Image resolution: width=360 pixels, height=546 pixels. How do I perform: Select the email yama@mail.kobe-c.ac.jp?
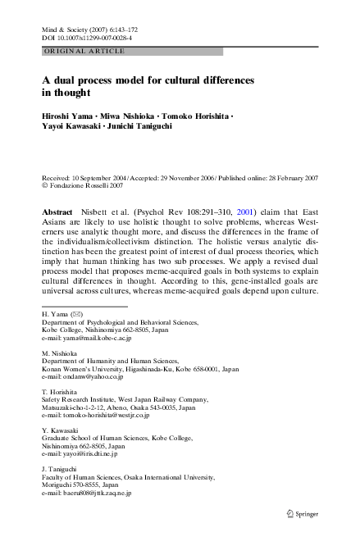pyautogui.click(x=93, y=362)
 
